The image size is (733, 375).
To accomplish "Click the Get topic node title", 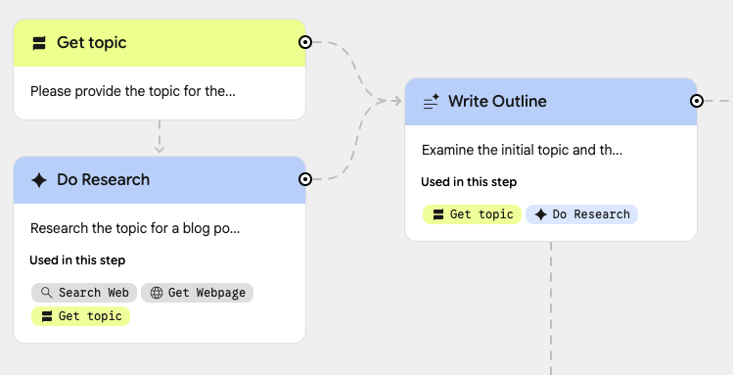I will [91, 43].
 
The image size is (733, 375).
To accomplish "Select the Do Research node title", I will [103, 180].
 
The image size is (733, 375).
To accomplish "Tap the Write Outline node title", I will [497, 102].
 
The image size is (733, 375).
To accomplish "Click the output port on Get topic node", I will [305, 42].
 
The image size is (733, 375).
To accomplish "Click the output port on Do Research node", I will [305, 179].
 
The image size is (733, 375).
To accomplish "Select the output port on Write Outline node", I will [697, 101].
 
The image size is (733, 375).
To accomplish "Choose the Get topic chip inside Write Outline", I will [472, 213].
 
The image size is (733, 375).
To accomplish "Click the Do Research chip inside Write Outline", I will [581, 213].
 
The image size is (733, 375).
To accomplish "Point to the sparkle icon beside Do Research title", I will [39, 180].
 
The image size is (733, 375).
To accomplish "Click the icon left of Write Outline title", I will [431, 102].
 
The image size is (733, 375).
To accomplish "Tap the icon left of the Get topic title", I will [39, 43].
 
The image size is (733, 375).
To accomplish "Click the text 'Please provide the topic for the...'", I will [133, 91].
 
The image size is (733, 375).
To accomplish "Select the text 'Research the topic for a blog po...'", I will [135, 228].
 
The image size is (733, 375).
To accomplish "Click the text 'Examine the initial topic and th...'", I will [522, 150].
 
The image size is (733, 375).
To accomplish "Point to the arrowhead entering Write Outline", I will [396, 100].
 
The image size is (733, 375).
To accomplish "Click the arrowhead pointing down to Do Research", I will [160, 149].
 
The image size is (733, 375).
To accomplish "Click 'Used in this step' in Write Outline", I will [469, 181].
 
